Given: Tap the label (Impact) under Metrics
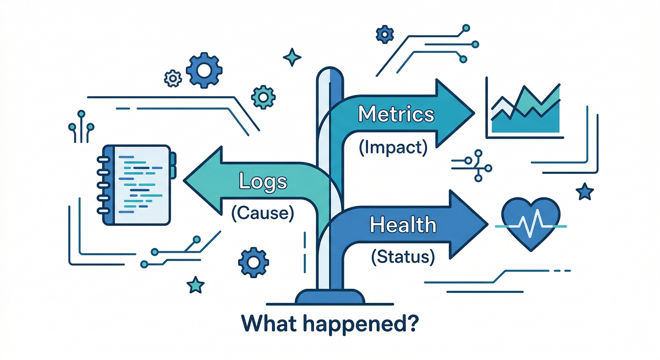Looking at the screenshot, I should (x=393, y=148).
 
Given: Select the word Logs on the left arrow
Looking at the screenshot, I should (x=263, y=180).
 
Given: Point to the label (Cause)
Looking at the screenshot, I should (x=262, y=214).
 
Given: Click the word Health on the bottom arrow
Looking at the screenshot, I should (x=403, y=225).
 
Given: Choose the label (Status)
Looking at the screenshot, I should (x=402, y=257).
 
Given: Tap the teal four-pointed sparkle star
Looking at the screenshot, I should (x=292, y=57).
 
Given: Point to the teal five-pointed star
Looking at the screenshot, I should (x=195, y=284).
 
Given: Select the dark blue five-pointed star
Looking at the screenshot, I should (x=585, y=191).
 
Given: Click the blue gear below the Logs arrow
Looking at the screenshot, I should (x=254, y=262).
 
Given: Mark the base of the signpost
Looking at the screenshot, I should (x=330, y=297).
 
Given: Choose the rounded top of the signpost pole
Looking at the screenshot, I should (x=330, y=74).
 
